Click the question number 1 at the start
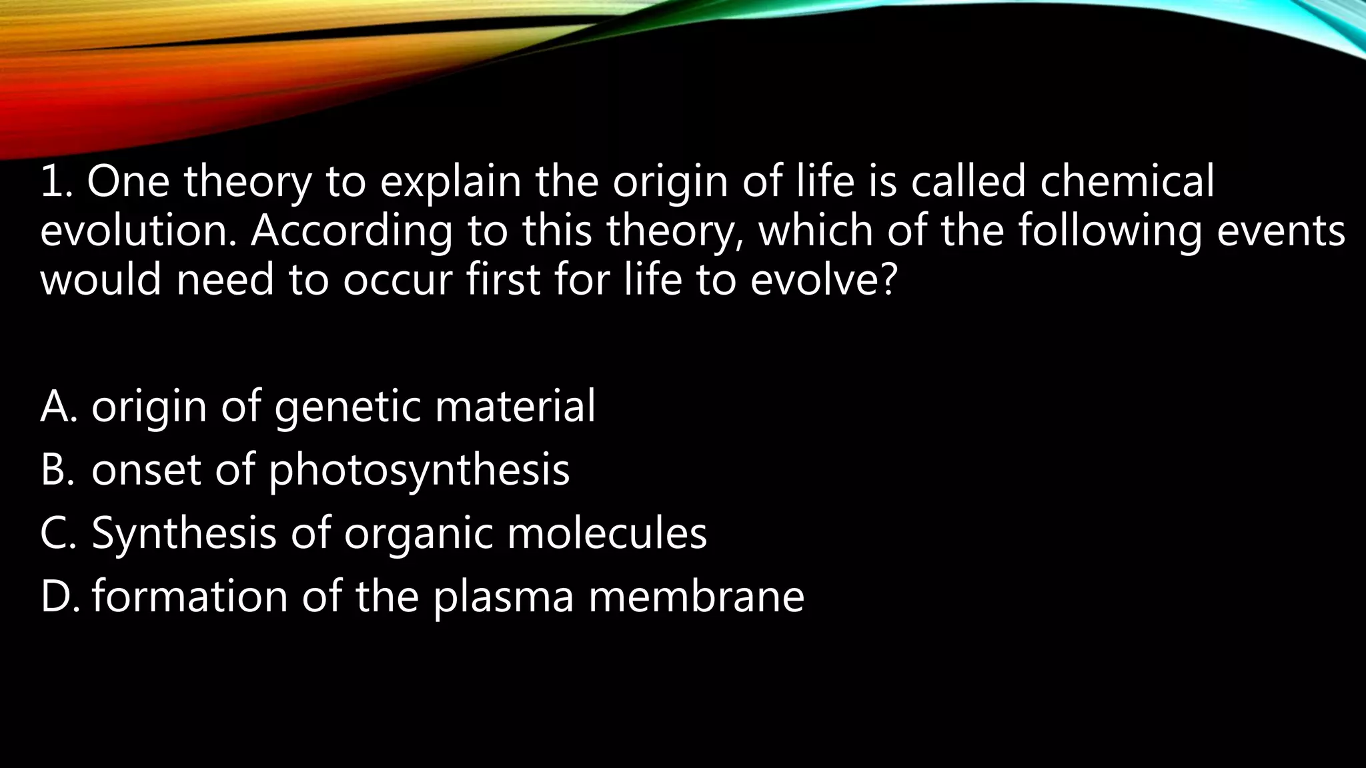[54, 182]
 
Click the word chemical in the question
[1127, 182]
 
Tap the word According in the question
[351, 231]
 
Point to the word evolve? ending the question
[821, 280]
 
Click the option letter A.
[57, 407]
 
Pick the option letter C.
[57, 533]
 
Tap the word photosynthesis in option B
[419, 471]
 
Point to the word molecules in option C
[606, 533]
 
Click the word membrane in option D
[696, 597]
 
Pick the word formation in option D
[189, 597]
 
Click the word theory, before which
[674, 233]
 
